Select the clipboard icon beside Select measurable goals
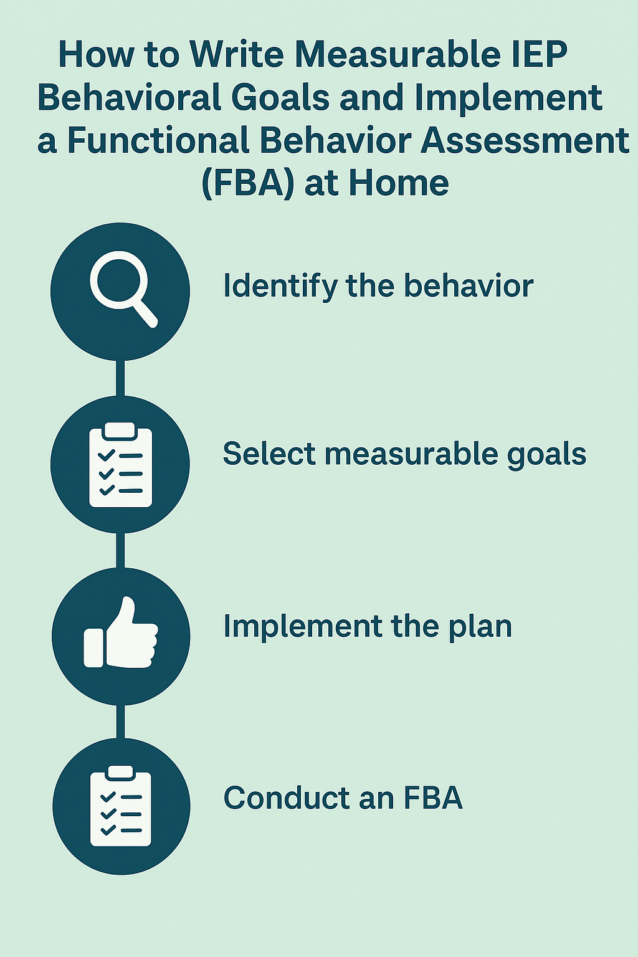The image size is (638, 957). tap(120, 465)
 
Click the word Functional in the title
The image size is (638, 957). tap(158, 140)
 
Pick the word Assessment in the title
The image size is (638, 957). tap(525, 140)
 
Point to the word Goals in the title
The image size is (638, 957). tap(280, 97)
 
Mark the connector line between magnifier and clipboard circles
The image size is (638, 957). tap(120, 378)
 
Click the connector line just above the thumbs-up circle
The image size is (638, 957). tap(120, 550)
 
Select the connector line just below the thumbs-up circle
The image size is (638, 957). tap(120, 722)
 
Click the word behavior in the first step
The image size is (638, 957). tap(469, 285)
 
